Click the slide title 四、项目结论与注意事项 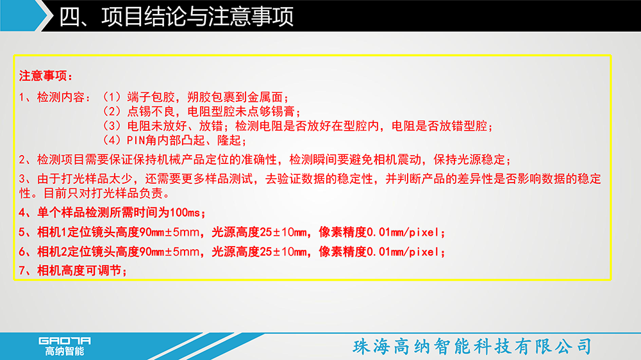(176, 17)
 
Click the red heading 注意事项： (46, 76)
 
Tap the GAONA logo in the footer (65, 341)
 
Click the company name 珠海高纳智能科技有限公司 (472, 347)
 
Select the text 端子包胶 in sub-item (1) (151, 97)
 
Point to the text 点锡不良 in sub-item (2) (151, 111)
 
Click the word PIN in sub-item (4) (136, 140)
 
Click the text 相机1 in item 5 (52, 232)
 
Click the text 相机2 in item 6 (52, 251)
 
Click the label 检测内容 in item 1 (61, 97)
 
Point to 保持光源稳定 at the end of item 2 (469, 160)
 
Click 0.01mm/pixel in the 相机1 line (403, 232)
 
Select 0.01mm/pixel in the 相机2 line (403, 251)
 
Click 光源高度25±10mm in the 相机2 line (259, 251)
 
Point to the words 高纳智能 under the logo (65, 351)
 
